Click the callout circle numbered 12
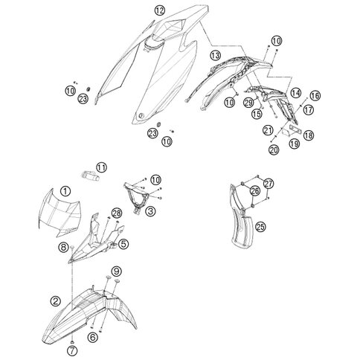159,10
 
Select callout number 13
215,55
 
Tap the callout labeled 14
295,93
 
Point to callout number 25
260,226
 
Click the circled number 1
65,191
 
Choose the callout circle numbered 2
55,301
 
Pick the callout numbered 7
72,351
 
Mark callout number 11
102,167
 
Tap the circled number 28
117,213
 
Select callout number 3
150,211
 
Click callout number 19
295,144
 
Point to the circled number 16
315,96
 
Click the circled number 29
248,103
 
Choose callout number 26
255,190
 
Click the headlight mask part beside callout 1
59,213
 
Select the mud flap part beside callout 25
240,221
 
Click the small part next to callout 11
90,176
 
